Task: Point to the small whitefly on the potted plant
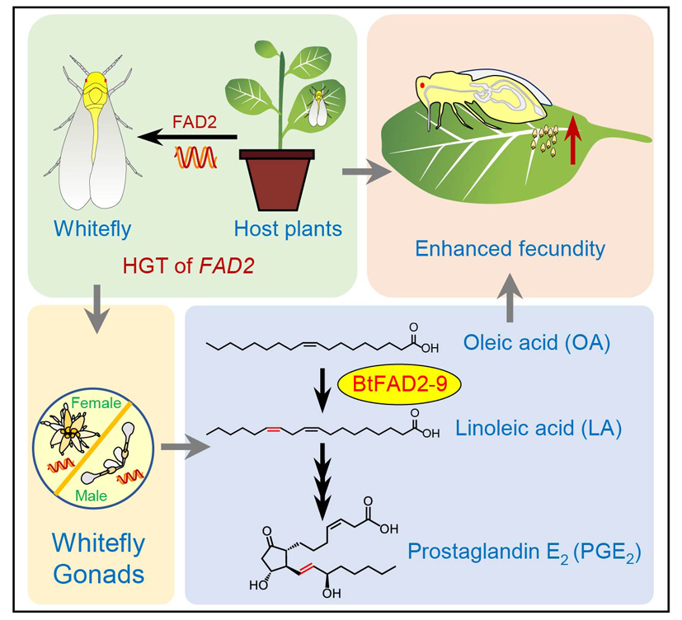[315, 106]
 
